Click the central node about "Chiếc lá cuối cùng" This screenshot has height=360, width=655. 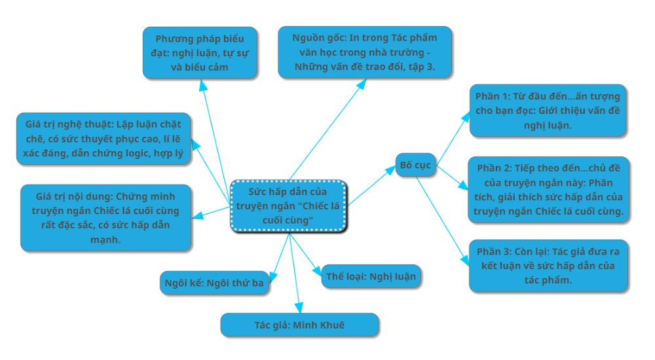(x=288, y=206)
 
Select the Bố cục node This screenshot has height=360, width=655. (x=415, y=165)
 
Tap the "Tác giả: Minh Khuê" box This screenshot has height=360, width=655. (x=299, y=325)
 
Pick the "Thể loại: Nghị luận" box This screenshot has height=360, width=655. (x=371, y=276)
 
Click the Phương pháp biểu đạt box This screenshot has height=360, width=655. (x=200, y=53)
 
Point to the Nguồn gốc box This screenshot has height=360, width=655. (x=365, y=52)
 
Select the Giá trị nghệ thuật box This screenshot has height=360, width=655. (x=103, y=138)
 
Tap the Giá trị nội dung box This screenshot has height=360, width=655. (x=105, y=217)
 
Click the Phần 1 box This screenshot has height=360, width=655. (x=548, y=110)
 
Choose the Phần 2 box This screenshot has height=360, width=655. (x=548, y=189)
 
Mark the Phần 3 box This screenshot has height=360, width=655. (x=548, y=265)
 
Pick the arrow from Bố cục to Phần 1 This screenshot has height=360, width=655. (x=453, y=138)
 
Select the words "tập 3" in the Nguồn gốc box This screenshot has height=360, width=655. (x=421, y=67)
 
